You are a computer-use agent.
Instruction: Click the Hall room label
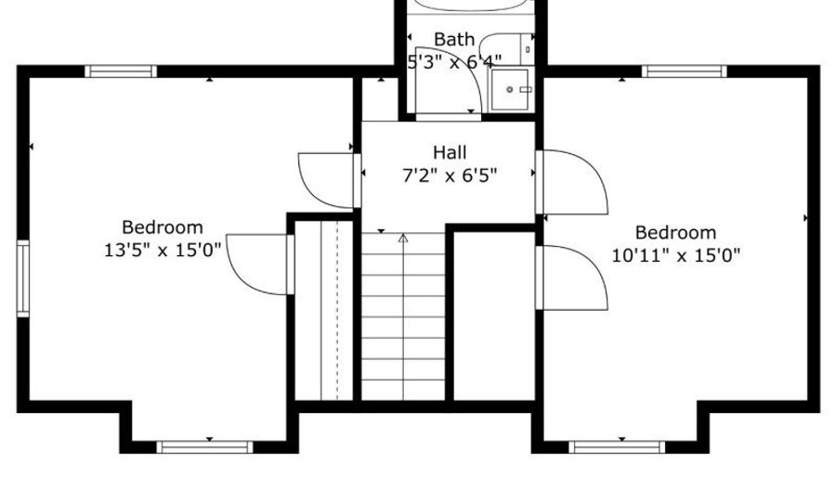[x=450, y=152]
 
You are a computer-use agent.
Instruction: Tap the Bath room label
[x=454, y=39]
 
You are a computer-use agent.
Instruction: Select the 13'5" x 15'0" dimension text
[x=162, y=250]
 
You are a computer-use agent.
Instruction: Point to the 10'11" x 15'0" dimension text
[x=675, y=255]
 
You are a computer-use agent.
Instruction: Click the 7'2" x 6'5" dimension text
[x=450, y=174]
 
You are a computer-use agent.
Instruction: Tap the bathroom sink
[x=511, y=89]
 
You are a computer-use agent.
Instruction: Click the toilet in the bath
[x=507, y=49]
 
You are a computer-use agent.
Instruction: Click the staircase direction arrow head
[x=403, y=238]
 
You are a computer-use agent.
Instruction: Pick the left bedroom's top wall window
[x=121, y=71]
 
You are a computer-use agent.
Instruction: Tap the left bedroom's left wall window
[x=23, y=278]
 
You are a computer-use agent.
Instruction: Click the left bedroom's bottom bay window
[x=204, y=446]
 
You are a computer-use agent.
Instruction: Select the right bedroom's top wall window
[x=684, y=71]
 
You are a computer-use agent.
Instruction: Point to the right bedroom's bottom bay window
[x=617, y=446]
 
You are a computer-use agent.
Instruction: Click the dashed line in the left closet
[x=337, y=310]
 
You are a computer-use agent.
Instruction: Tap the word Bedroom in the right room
[x=675, y=233]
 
